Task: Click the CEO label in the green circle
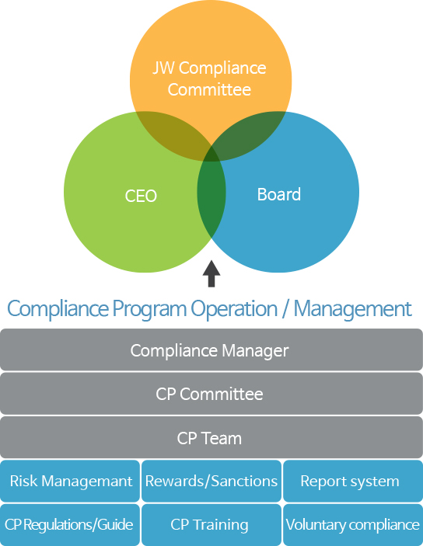[141, 196]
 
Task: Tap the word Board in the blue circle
[279, 194]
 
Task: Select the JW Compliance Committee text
[209, 78]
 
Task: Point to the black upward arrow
[211, 273]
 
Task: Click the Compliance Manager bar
[211, 350]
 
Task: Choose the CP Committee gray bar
[211, 394]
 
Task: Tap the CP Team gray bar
[211, 437]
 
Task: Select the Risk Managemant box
[70, 481]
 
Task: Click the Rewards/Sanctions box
[211, 481]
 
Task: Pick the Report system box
[353, 481]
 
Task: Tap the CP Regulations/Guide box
[70, 525]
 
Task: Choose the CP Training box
[211, 525]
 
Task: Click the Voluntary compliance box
[353, 525]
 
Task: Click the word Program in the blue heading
[149, 309]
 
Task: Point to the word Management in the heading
[352, 309]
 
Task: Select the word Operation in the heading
[234, 308]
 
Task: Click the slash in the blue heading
[285, 308]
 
